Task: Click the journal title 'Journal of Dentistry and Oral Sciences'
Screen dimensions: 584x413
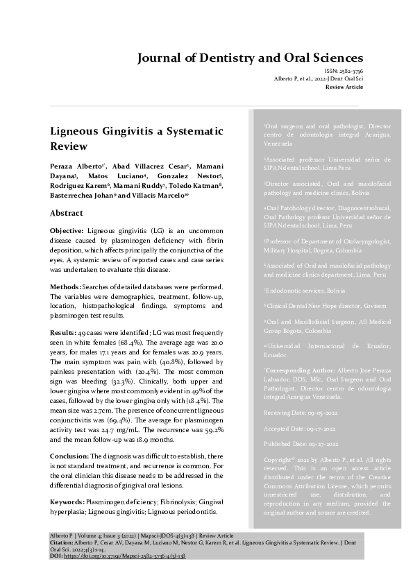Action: (250, 58)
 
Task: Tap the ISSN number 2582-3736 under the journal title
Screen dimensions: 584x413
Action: (349, 71)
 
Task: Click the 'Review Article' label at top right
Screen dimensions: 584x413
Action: (345, 88)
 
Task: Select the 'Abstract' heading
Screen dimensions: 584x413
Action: (67, 213)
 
